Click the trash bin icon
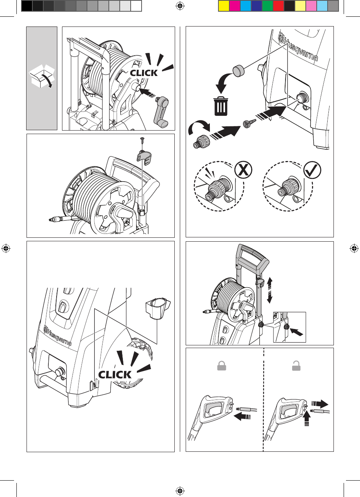point(221,106)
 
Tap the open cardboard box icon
point(42,76)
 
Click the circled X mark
point(243,170)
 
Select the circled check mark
point(312,170)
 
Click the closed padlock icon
point(222,366)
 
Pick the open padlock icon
point(296,366)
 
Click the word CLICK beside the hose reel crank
point(144,73)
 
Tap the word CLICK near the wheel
point(115,375)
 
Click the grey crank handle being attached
point(162,112)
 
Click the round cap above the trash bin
point(238,70)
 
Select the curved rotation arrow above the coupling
point(199,127)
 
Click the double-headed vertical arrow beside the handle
point(270,291)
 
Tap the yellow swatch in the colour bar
point(224,6)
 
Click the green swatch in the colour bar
point(268,6)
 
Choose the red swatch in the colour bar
point(278,6)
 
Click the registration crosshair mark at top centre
point(180,6)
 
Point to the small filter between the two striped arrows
point(250,123)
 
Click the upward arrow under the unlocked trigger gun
point(307,419)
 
